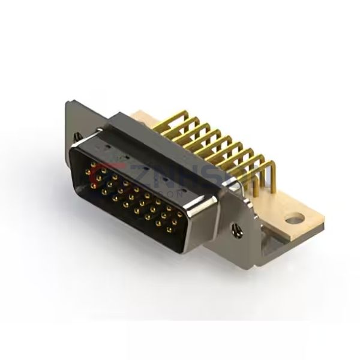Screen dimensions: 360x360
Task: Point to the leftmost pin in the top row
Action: click(89, 171)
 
